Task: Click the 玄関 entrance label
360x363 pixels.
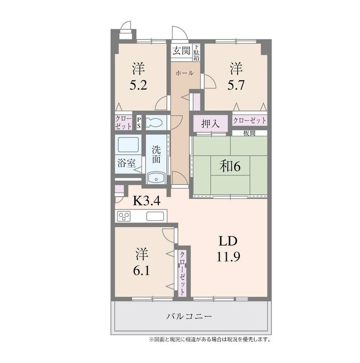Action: (x=182, y=50)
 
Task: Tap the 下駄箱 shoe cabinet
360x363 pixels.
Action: (x=196, y=53)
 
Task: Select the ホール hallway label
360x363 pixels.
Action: (x=185, y=73)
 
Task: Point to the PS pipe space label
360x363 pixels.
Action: (x=139, y=123)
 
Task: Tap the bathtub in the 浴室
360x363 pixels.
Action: (x=128, y=144)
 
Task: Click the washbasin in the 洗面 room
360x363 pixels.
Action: (x=156, y=178)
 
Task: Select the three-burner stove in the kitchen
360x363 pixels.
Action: (x=124, y=216)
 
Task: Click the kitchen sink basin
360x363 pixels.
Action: (x=155, y=216)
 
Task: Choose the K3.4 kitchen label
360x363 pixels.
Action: (x=147, y=201)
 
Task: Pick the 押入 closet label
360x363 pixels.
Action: (x=210, y=123)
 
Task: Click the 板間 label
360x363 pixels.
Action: (x=249, y=133)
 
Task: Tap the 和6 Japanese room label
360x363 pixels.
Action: (x=230, y=166)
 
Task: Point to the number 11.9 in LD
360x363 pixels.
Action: (x=228, y=256)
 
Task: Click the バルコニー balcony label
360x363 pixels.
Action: (x=189, y=316)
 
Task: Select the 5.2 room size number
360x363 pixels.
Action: (x=138, y=85)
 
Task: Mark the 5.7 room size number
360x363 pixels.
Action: (x=236, y=85)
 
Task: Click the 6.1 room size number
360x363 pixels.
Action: (x=141, y=270)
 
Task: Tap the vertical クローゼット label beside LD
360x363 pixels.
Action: (x=182, y=273)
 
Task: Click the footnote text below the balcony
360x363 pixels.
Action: (x=210, y=340)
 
